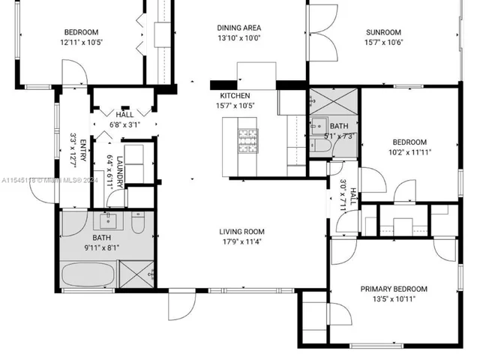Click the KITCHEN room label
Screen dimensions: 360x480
click(235, 97)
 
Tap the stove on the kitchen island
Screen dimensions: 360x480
click(247, 139)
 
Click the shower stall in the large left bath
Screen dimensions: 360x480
click(138, 274)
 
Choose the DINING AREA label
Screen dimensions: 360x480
click(238, 28)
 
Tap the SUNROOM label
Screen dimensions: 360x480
click(383, 32)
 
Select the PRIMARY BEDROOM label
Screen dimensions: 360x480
click(394, 289)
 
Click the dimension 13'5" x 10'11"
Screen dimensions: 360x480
click(394, 298)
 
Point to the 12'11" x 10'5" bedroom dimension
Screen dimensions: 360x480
click(82, 42)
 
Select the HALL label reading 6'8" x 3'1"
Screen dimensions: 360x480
click(124, 120)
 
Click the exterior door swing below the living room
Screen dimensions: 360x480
click(181, 303)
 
